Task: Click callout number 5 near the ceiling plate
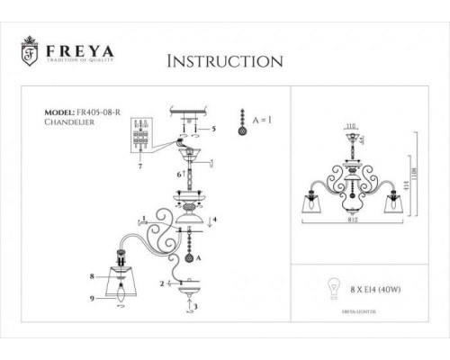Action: pyautogui.click(x=214, y=129)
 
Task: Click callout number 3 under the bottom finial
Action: pyautogui.click(x=194, y=306)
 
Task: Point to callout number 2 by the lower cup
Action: pyautogui.click(x=162, y=283)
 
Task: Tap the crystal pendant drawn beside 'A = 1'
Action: pyautogui.click(x=240, y=122)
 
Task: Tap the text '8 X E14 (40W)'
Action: pyautogui.click(x=372, y=290)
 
